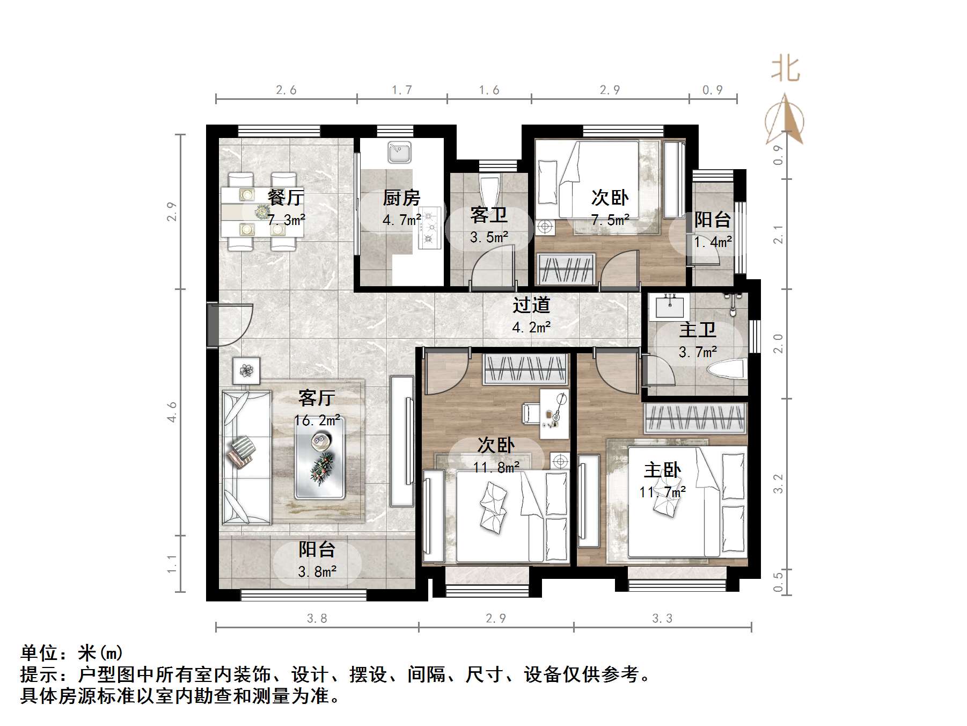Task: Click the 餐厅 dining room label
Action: click(x=285, y=198)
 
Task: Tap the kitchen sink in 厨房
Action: click(x=399, y=153)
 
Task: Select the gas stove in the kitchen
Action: click(x=429, y=228)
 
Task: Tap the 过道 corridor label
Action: click(x=531, y=305)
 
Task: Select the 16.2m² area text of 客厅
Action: click(x=317, y=420)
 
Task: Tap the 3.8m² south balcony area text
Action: click(x=317, y=572)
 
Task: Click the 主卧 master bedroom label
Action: click(x=662, y=470)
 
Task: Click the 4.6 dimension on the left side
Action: click(x=172, y=412)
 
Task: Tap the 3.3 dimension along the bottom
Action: click(x=662, y=619)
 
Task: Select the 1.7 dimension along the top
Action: click(x=401, y=90)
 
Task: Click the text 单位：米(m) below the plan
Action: click(x=72, y=653)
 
